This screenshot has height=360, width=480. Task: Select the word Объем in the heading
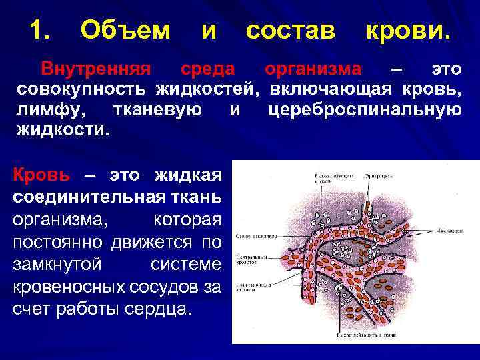125,29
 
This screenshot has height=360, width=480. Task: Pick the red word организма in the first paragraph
313,69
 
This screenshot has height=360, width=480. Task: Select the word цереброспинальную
364,109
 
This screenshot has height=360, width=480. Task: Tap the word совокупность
84,89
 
